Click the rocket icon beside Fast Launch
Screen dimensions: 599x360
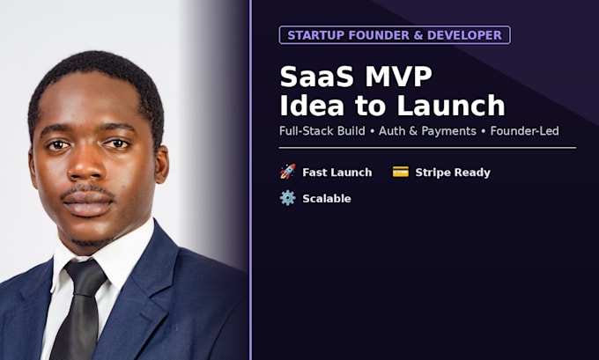[x=288, y=172]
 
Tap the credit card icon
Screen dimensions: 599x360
[x=400, y=172]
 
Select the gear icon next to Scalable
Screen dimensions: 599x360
[x=288, y=198]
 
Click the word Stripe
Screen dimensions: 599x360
[x=433, y=173]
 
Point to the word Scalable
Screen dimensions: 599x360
[x=327, y=199]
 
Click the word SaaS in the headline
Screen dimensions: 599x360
[x=317, y=77]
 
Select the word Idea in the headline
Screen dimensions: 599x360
[x=312, y=106]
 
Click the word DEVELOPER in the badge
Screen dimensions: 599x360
[x=464, y=35]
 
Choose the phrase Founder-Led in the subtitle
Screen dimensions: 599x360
[x=524, y=131]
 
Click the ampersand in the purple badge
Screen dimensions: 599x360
[x=418, y=35]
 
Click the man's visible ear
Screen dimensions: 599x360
[x=161, y=164]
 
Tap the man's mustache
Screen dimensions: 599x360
[x=88, y=191]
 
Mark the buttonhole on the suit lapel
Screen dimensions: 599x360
[x=145, y=317]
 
